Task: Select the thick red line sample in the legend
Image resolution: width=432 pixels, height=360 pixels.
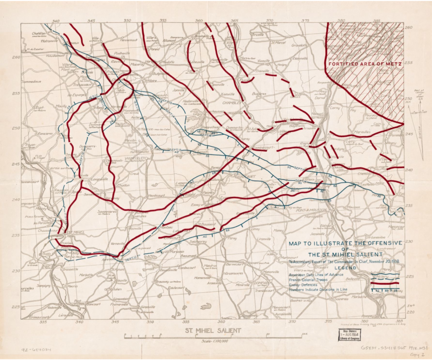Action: point(385,284)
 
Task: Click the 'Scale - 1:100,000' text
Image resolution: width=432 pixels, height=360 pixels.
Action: point(216,342)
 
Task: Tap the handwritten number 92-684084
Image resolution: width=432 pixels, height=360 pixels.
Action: point(37,349)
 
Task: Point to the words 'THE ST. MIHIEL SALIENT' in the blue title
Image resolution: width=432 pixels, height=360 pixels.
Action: point(345,255)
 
